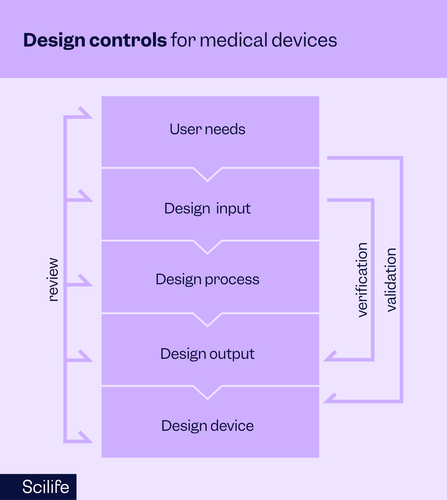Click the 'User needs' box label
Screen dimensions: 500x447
[207, 129]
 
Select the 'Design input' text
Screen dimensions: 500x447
[207, 208]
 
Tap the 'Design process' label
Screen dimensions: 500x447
[207, 279]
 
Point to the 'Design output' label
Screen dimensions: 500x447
[207, 354]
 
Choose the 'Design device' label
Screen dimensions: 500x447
[207, 426]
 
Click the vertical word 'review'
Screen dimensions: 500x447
[53, 280]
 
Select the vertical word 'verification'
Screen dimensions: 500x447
[362, 280]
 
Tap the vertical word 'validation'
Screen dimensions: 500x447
[391, 280]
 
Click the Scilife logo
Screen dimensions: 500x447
[46, 487]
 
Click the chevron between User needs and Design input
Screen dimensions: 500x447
[207, 174]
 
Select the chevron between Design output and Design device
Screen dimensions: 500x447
[207, 392]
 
